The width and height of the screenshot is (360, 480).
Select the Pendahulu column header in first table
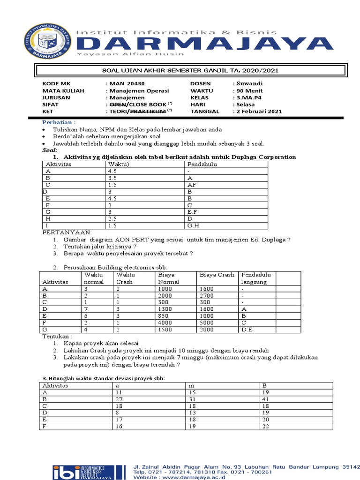pos(202,165)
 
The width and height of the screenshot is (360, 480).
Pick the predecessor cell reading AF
pos(192,185)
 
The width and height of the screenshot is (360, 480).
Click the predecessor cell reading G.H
pos(194,225)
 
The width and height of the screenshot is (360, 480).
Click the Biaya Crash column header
pos(217,275)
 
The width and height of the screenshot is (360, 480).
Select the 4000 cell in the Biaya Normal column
pos(166,322)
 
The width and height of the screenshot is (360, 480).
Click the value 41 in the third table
pos(265,399)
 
